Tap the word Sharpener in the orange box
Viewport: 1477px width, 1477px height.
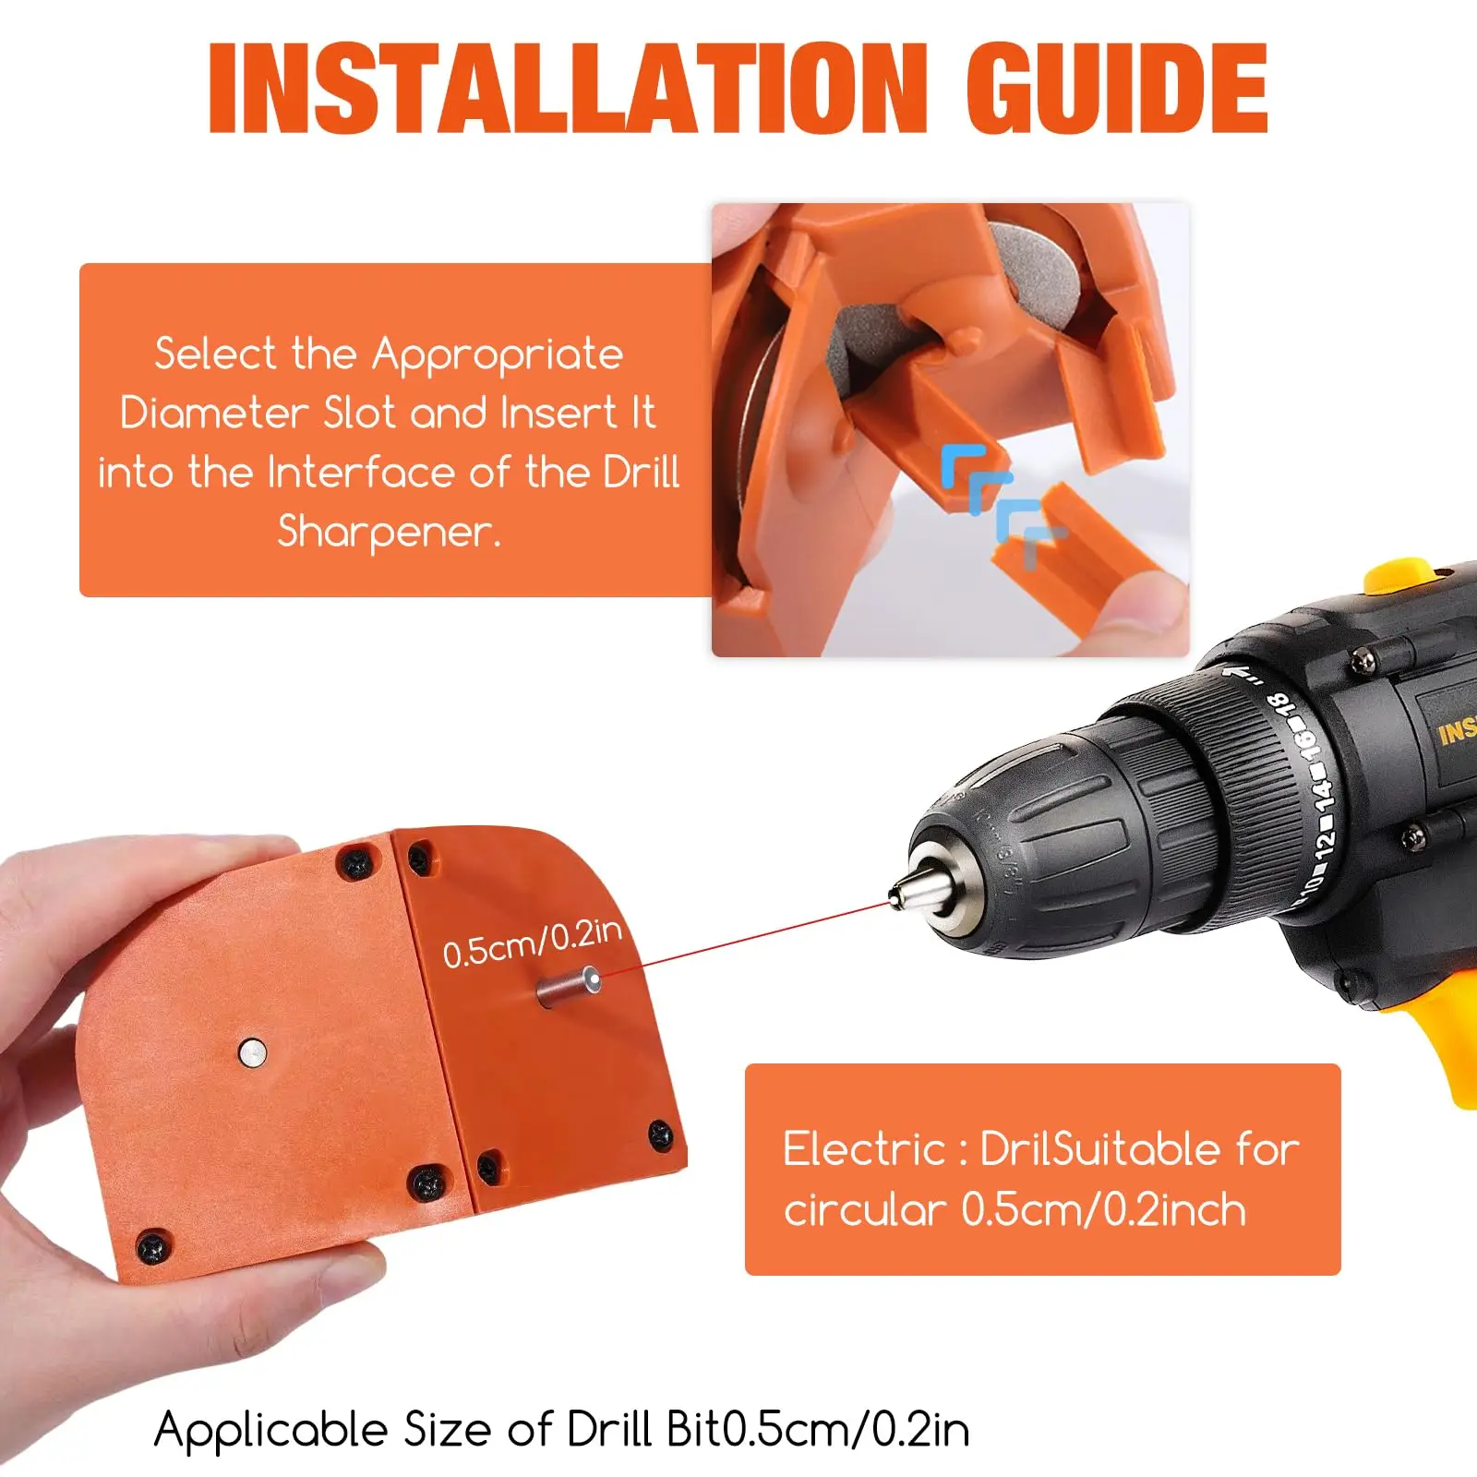[388, 532]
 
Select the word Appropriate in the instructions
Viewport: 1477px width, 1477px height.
[498, 355]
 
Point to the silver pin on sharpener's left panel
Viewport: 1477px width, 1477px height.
[252, 1051]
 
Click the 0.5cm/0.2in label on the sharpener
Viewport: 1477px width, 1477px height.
[532, 943]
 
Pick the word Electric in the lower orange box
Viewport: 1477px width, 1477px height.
[863, 1150]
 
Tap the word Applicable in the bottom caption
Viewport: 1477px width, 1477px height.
[271, 1430]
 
